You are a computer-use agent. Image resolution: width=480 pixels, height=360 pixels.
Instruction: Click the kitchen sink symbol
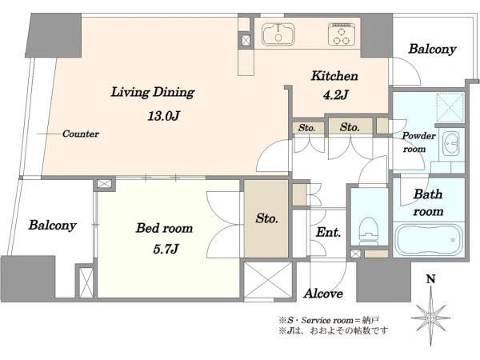pos(278,34)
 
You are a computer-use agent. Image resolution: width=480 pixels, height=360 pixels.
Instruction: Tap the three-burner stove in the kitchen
pos(342,34)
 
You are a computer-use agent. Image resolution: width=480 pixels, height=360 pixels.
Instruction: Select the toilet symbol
pos(369,231)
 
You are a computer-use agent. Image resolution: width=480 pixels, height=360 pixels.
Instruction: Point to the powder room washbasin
pos(449,143)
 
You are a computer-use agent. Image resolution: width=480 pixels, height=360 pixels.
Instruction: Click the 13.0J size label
pos(163,116)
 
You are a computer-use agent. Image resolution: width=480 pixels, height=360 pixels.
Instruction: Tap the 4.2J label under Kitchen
pos(335,95)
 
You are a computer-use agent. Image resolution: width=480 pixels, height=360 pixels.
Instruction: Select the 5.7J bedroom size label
pos(166,249)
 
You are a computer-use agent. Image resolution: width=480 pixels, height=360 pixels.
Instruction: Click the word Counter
pos(81,134)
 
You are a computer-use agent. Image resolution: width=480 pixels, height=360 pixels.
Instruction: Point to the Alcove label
pos(323,294)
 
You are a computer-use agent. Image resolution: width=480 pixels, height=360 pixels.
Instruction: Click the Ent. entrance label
pos(329,232)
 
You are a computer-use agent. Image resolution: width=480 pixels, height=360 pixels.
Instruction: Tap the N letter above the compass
pos(430,279)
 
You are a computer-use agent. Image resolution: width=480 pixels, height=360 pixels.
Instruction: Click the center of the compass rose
pos(430,318)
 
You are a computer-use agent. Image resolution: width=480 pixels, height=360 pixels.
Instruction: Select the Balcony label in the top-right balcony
pos(432,49)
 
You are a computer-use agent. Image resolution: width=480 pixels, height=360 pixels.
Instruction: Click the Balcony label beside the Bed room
pos(52,226)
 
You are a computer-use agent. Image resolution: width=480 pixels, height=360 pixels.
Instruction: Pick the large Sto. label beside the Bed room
pos(267,218)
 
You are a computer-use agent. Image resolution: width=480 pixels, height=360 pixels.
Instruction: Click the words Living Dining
pos(153,93)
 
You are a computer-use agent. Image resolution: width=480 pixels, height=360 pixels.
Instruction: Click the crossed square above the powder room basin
pos(450,107)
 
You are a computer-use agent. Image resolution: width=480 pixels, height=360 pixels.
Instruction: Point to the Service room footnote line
pos(330,320)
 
